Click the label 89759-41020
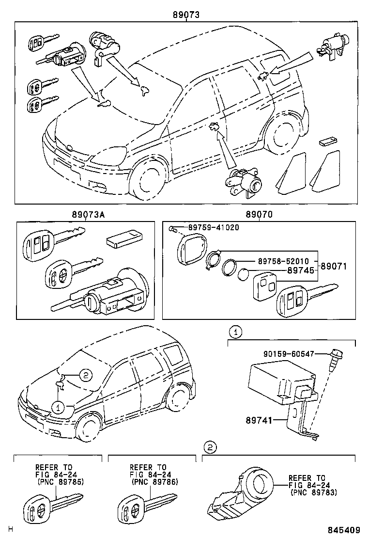click(213, 227)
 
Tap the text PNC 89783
click(315, 492)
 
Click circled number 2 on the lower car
click(84, 374)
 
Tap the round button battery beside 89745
click(243, 275)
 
